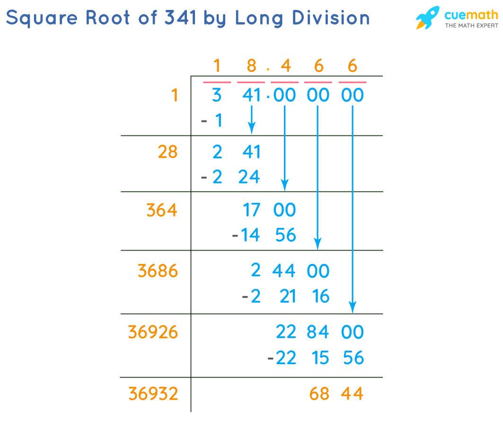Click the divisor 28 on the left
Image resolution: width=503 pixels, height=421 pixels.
click(x=168, y=152)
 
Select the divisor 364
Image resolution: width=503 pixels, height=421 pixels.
click(x=162, y=210)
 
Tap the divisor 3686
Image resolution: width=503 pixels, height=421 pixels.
click(x=158, y=271)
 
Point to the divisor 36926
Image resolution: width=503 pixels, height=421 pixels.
click(x=153, y=332)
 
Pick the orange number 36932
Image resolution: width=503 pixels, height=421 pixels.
click(x=153, y=394)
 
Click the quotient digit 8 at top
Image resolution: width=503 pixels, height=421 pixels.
click(x=251, y=66)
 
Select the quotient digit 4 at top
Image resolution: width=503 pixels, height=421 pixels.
click(x=285, y=66)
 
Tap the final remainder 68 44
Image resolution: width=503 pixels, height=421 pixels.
click(x=336, y=394)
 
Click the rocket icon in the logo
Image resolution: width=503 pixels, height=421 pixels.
click(x=427, y=18)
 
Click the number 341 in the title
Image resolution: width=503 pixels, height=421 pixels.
click(x=180, y=18)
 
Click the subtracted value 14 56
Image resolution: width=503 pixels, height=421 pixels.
click(x=268, y=235)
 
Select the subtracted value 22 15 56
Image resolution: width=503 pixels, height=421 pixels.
click(x=320, y=358)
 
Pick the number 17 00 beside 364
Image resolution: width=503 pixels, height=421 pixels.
click(x=269, y=210)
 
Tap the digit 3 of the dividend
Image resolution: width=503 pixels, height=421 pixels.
click(x=217, y=96)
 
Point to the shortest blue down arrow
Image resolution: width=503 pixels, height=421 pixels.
click(x=252, y=120)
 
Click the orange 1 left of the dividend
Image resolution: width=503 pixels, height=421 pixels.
click(x=175, y=96)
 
